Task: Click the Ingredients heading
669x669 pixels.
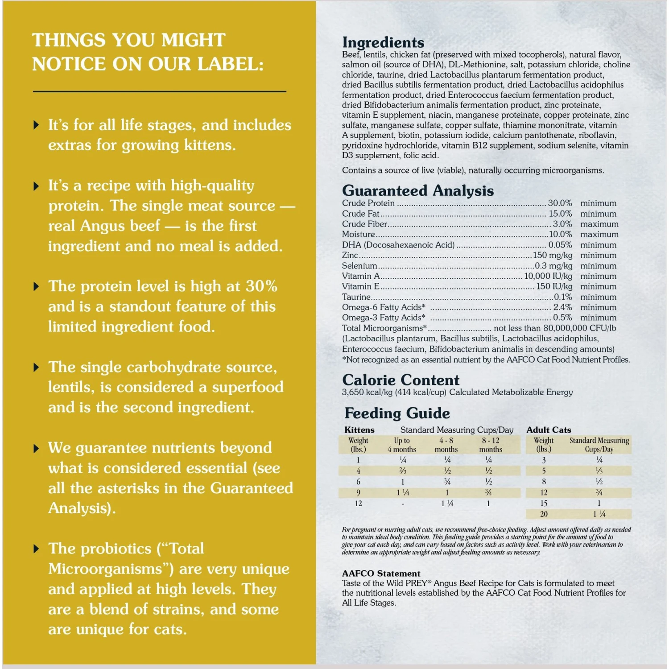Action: coord(383,42)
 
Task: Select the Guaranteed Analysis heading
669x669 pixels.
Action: coord(418,191)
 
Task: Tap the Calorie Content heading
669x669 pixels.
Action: coord(401,380)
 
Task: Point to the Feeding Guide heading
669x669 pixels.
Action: coord(397,413)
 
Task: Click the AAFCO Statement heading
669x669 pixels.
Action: coord(381,574)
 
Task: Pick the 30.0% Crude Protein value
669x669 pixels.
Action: coord(560,203)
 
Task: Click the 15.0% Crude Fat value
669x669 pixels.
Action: coord(560,214)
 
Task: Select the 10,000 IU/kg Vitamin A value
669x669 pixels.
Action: coord(548,276)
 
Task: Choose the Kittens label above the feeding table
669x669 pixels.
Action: coord(359,430)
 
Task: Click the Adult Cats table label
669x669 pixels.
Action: coord(549,430)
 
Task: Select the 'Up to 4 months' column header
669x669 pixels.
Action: coord(402,445)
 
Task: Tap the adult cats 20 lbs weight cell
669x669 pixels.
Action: coord(544,514)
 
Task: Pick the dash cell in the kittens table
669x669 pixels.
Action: coord(403,504)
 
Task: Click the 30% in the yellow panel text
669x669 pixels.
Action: coord(261,286)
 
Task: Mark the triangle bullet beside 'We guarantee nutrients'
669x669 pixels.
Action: coord(37,449)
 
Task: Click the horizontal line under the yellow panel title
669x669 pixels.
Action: coord(159,91)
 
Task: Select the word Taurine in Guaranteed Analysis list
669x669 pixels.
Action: coord(356,297)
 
